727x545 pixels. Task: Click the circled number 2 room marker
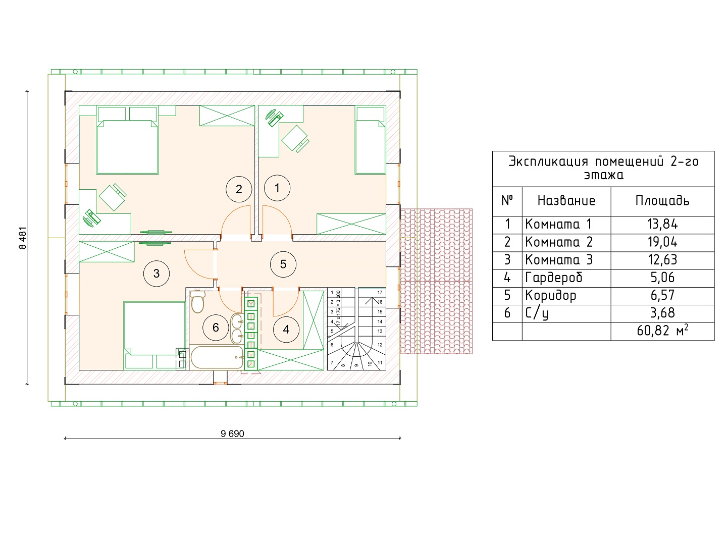(x=239, y=189)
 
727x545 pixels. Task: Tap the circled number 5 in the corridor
(x=283, y=264)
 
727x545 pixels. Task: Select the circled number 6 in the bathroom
(x=216, y=328)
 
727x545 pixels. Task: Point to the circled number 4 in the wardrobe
(x=286, y=329)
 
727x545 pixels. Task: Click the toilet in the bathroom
(x=198, y=301)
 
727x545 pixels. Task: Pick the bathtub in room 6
(x=217, y=357)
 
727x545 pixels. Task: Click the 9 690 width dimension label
(x=232, y=433)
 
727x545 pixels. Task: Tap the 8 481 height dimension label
(x=23, y=238)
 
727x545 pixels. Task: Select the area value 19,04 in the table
(x=662, y=242)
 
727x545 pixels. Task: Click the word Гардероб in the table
(x=554, y=278)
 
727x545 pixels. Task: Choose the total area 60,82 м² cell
(x=662, y=331)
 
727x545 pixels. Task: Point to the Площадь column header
(x=662, y=200)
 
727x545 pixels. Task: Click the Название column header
(x=566, y=200)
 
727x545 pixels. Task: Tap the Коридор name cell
(x=551, y=296)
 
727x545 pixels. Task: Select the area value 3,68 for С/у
(x=662, y=313)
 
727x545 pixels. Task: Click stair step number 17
(x=380, y=293)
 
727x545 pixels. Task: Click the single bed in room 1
(x=370, y=140)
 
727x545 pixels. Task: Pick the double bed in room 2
(x=127, y=140)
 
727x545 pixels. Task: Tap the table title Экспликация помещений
(x=586, y=162)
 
